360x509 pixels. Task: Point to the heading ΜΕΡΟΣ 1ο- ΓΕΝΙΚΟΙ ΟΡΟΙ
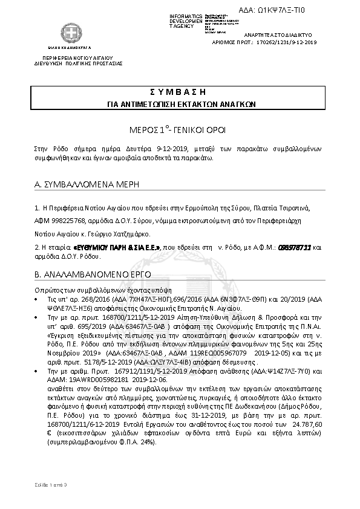pyautogui.click(x=180, y=130)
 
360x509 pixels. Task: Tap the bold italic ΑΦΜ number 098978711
pyautogui.click(x=295, y=247)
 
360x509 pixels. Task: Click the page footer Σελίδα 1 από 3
pyautogui.click(x=51, y=485)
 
